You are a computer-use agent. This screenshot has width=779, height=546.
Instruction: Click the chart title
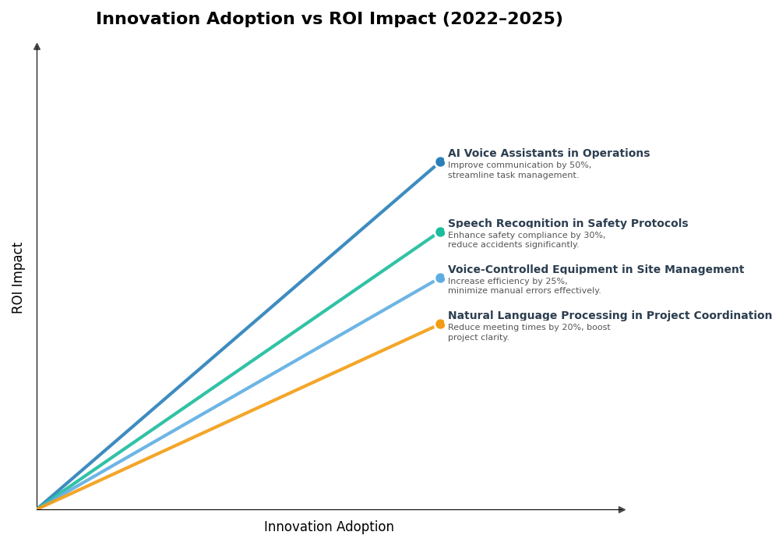pyautogui.click(x=329, y=19)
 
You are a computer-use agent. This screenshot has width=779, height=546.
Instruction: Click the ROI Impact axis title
pyautogui.click(x=18, y=278)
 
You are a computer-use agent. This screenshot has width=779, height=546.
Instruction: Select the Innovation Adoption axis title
pyautogui.click(x=329, y=527)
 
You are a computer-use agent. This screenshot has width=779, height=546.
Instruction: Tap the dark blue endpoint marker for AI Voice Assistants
pyautogui.click(x=440, y=162)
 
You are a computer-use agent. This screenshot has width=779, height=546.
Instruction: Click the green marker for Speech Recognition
pyautogui.click(x=440, y=232)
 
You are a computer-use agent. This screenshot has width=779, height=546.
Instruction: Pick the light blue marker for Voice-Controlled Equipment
pyautogui.click(x=440, y=278)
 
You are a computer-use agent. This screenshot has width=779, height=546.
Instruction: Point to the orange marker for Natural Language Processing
pyautogui.click(x=440, y=324)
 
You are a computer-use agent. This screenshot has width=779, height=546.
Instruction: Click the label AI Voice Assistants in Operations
pyautogui.click(x=548, y=154)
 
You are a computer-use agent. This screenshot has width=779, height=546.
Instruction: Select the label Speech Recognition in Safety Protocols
pyautogui.click(x=568, y=224)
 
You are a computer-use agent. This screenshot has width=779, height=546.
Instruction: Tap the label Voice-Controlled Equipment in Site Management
pyautogui.click(x=596, y=270)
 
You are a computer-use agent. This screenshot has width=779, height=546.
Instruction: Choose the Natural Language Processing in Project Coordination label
pyautogui.click(x=610, y=316)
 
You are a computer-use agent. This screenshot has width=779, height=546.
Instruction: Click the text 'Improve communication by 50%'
pyautogui.click(x=520, y=165)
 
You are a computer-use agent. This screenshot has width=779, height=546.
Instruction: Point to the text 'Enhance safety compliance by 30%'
pyautogui.click(x=527, y=236)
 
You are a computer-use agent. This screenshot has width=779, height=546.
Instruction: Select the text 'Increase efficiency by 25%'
pyautogui.click(x=507, y=282)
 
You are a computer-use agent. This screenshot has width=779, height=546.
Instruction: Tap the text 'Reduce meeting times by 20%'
pyautogui.click(x=529, y=328)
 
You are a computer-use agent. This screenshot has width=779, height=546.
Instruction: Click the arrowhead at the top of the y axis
pyautogui.click(x=37, y=47)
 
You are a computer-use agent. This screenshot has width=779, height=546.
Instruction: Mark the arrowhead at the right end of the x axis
pyautogui.click(x=622, y=510)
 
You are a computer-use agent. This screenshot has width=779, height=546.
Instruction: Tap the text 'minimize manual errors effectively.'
pyautogui.click(x=524, y=291)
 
